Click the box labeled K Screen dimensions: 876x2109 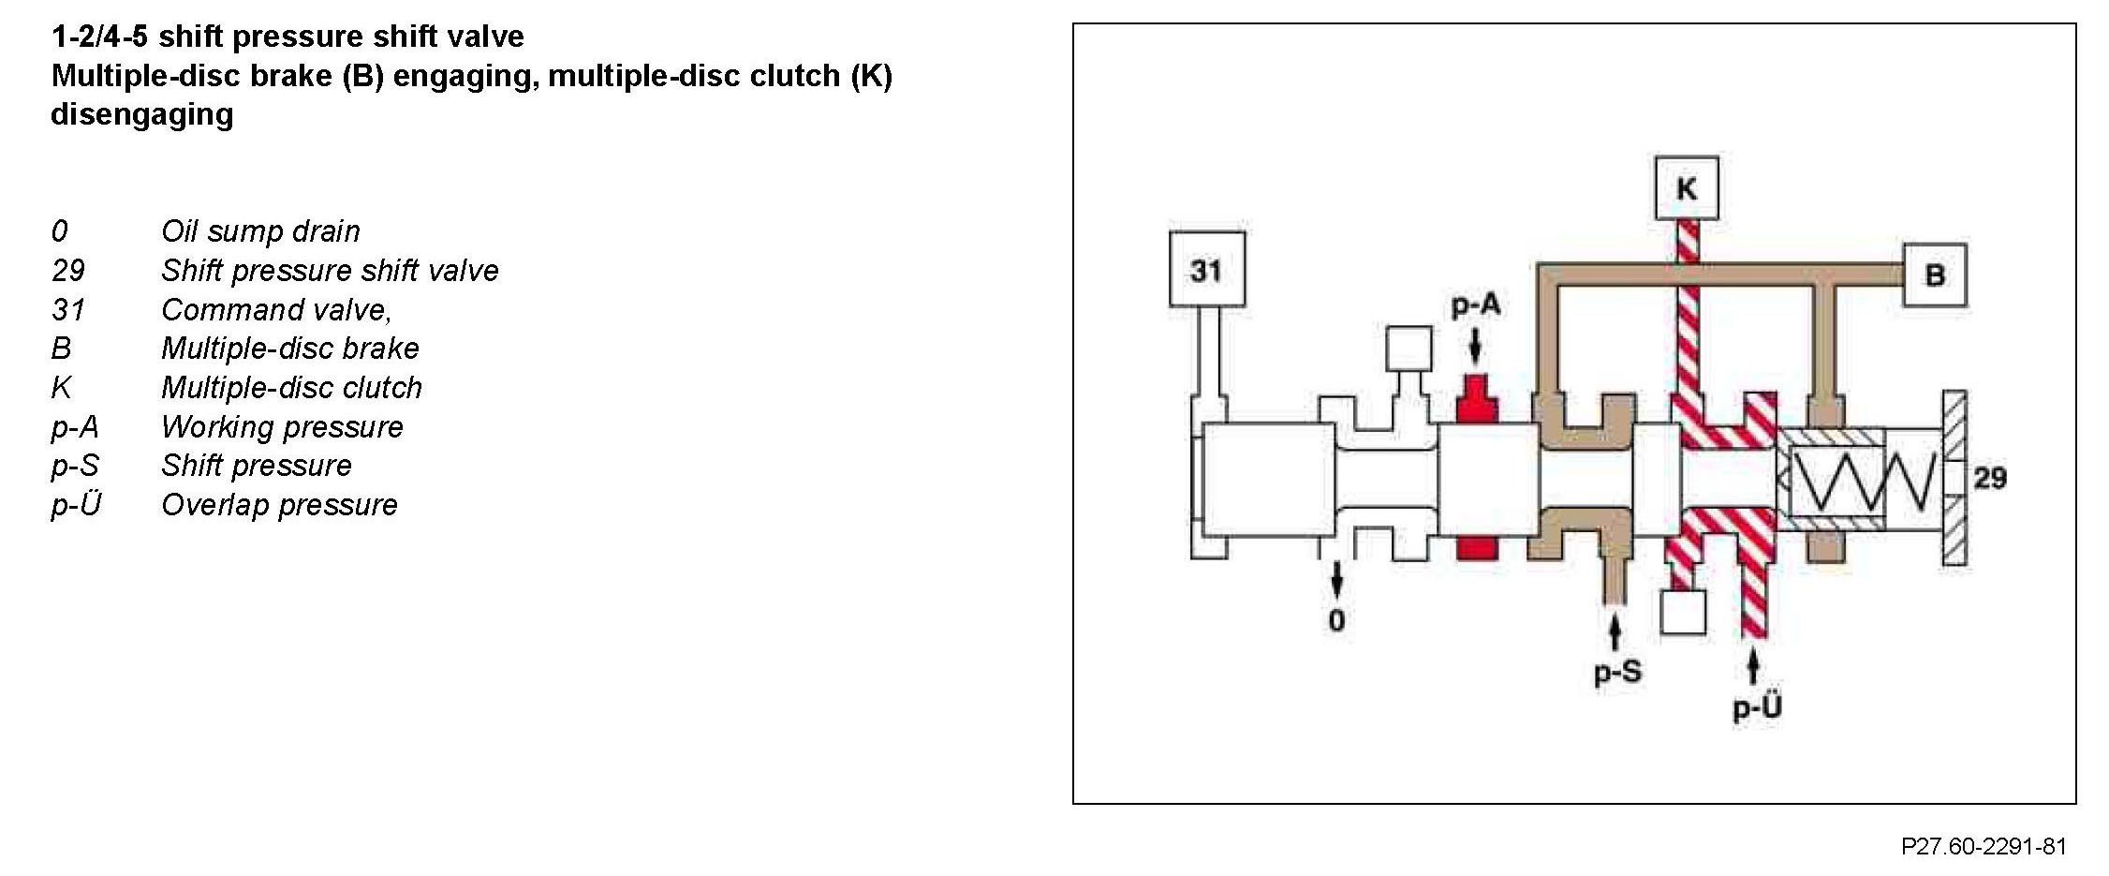tap(1686, 188)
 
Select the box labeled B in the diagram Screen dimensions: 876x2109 tap(1935, 275)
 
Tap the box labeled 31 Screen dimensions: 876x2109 tap(1206, 270)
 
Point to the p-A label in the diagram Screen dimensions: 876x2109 tap(1475, 304)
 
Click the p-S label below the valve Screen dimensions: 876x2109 tap(1617, 672)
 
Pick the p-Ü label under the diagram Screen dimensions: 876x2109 tap(1756, 707)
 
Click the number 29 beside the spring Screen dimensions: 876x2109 tap(1990, 478)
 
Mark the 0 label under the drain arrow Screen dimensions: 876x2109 tap(1336, 620)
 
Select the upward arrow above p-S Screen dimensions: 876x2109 tap(1615, 631)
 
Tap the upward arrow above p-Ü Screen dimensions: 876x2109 tap(1753, 667)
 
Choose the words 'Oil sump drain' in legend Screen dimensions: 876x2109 tap(260, 231)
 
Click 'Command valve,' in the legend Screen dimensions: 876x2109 tap(276, 309)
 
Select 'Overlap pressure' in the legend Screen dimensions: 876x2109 tap(279, 505)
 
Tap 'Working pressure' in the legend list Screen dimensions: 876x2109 tap(282, 427)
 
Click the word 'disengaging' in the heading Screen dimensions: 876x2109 tap(141, 114)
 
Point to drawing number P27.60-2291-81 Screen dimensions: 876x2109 tap(1984, 847)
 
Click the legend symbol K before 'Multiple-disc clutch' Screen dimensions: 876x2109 tap(61, 388)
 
